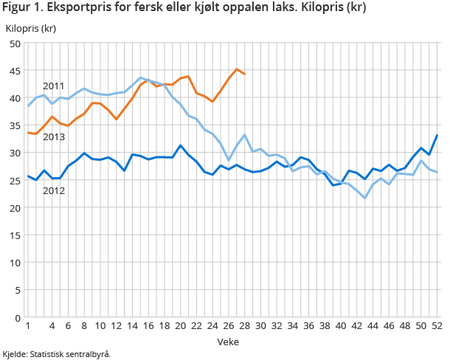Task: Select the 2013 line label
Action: tap(55, 136)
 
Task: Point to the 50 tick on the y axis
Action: tap(14, 44)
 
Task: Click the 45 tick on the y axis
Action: tap(14, 71)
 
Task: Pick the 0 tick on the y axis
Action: tap(17, 317)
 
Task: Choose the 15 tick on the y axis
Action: tap(14, 235)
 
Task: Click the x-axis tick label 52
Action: tap(437, 326)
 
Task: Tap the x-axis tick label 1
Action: tap(27, 326)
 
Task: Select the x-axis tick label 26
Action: tap(228, 326)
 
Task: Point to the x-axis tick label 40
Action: tap(341, 326)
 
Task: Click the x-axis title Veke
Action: tap(228, 342)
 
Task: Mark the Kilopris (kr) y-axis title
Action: tap(31, 29)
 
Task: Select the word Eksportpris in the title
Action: tap(77, 8)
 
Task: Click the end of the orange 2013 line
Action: tap(244, 75)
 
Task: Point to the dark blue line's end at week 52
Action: tap(437, 135)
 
